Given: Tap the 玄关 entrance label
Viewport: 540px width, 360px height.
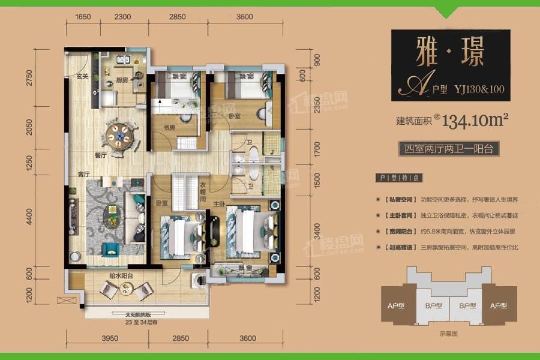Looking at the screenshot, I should tap(83, 77).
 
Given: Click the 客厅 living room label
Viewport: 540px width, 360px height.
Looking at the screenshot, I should tap(83, 174).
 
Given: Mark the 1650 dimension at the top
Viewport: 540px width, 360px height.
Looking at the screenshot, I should tap(83, 17).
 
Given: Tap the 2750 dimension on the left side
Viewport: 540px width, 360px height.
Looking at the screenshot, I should tap(29, 79).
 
